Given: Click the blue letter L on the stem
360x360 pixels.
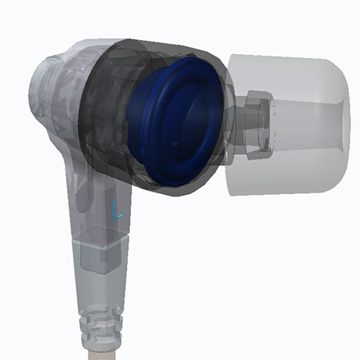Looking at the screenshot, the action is tap(117, 211).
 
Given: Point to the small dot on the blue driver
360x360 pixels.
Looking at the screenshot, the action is tap(175, 143).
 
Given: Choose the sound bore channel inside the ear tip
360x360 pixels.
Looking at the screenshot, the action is tap(308, 124).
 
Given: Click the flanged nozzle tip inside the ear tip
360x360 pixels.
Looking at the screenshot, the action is tap(261, 124).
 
